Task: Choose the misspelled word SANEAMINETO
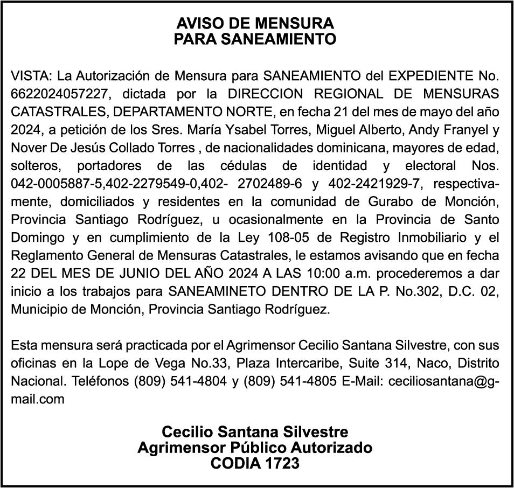tap(216, 292)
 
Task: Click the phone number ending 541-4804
tap(181, 381)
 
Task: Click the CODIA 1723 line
tap(255, 463)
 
